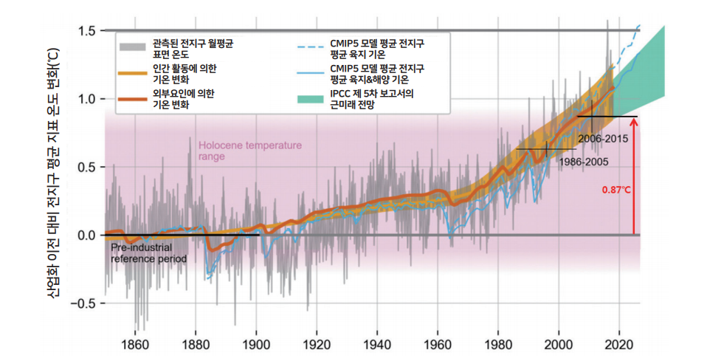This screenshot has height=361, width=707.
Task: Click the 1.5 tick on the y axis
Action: (87, 31)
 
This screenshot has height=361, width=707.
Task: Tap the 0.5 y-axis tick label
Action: (87, 167)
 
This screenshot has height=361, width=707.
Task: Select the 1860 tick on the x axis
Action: (134, 343)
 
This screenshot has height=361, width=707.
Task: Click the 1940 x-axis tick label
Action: (377, 343)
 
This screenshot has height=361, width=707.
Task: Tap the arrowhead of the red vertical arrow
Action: (634, 121)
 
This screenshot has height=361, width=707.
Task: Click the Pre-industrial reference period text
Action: (148, 254)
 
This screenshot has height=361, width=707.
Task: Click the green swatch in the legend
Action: (308, 99)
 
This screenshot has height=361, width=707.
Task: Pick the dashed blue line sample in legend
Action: (308, 47)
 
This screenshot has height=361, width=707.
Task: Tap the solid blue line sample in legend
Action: (308, 73)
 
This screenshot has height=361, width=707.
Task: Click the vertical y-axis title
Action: (54, 177)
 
